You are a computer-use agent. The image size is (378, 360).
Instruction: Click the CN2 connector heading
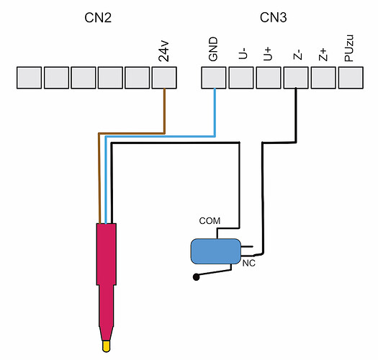98,18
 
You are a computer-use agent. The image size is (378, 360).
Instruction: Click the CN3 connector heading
274,17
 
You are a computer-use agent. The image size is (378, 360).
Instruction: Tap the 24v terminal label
164,52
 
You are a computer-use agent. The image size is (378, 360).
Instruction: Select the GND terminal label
213,49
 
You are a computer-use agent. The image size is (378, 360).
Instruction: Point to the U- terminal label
243,53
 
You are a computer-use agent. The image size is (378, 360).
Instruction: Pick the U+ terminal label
268,54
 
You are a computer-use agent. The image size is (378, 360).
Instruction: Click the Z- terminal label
297,55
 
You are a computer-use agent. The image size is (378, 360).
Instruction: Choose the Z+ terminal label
323,55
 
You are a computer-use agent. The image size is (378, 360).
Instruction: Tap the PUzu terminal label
349,48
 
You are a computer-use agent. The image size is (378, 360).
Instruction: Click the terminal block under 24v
164,78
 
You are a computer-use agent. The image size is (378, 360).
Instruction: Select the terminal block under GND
214,78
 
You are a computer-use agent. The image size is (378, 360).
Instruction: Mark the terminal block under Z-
296,78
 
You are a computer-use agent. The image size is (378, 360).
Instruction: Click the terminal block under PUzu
351,78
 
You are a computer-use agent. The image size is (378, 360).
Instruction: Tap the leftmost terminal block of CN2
30,78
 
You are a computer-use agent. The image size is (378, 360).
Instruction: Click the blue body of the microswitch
216,251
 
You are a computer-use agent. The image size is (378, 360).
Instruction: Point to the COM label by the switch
210,221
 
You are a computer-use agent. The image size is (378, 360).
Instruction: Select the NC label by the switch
249,264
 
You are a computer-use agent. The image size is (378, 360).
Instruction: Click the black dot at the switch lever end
197,277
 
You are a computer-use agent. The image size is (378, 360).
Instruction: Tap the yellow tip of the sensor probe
107,346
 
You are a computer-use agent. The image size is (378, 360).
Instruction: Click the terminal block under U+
269,78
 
